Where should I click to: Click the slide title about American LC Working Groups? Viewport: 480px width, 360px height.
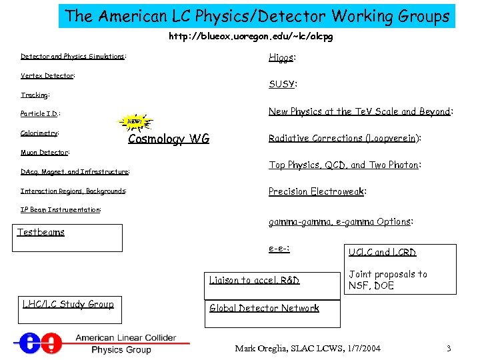point(257,16)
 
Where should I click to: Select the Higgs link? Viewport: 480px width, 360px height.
point(281,58)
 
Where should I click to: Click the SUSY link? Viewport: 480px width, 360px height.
point(282,84)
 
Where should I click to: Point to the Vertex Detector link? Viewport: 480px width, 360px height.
point(47,76)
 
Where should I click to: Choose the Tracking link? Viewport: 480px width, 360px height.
point(34,95)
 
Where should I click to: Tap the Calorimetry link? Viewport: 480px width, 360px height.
point(39,133)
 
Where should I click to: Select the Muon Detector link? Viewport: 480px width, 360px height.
point(45,153)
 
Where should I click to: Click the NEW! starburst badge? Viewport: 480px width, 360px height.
point(135,122)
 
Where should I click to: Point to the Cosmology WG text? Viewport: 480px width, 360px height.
point(169,139)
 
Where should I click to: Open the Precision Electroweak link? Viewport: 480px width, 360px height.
point(316,191)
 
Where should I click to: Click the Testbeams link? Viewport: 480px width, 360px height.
point(41,232)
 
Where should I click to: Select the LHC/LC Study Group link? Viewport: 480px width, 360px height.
point(68,305)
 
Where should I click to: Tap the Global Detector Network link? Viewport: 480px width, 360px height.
point(264,308)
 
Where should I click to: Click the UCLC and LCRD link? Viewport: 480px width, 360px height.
point(382,252)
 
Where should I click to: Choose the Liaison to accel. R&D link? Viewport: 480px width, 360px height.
point(254,280)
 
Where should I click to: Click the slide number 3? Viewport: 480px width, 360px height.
point(449,349)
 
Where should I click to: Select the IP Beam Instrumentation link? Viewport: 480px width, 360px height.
point(60,209)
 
